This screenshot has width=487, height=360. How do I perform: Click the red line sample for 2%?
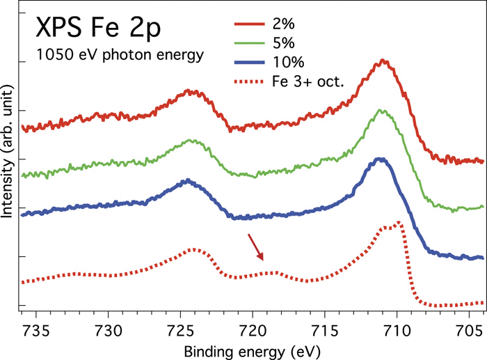(249, 28)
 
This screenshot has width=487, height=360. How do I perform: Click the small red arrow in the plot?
(255, 247)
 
